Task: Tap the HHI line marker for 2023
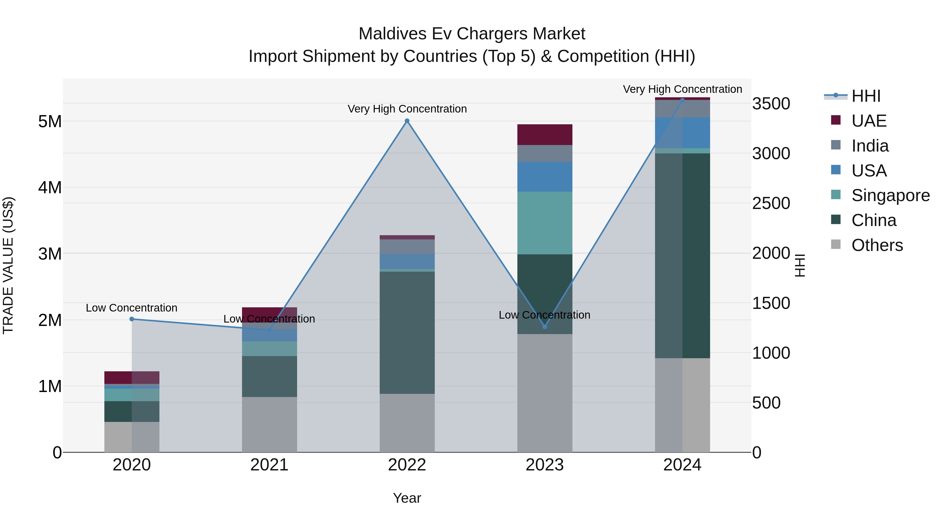[545, 326]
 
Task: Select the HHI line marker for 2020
[132, 319]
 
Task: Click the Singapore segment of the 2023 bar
[545, 223]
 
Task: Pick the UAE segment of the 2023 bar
[545, 135]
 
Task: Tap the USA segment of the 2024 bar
[682, 133]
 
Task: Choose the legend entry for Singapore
[890, 195]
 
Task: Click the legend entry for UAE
[868, 121]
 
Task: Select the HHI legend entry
[866, 96]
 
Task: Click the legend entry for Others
[877, 245]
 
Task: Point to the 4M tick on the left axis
[50, 188]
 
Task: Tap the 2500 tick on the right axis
[771, 203]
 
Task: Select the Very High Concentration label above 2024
[682, 89]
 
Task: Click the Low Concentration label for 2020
[132, 308]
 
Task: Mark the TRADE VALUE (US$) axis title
[8, 265]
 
